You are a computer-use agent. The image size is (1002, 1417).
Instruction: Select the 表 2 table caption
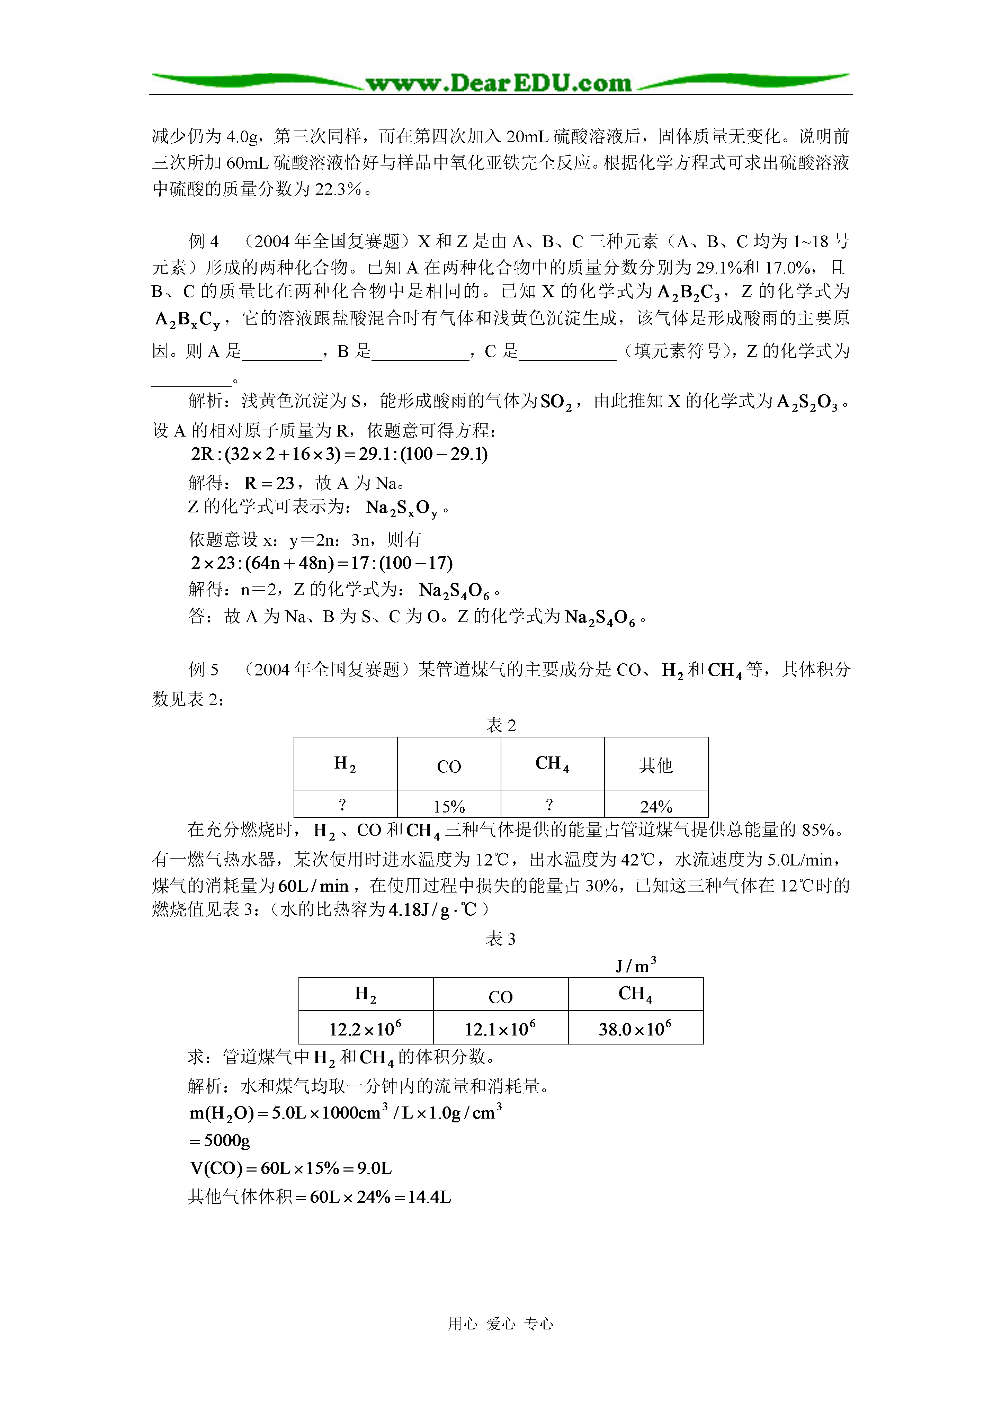pos(501,725)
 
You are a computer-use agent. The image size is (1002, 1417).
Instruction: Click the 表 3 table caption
pos(501,939)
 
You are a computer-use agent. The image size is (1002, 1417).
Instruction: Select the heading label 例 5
pos(204,670)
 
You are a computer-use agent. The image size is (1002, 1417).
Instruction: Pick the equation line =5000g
pos(220,1140)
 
